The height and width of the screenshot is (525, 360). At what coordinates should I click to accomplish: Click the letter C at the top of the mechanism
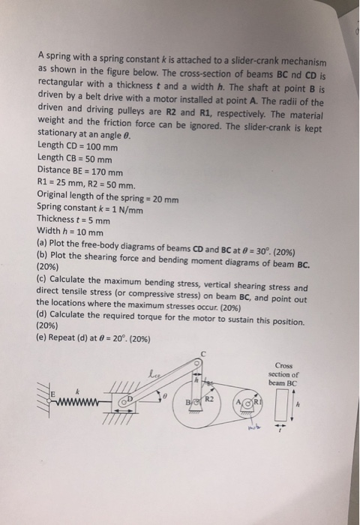click(202, 353)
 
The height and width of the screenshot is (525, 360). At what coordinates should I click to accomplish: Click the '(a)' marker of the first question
click(42, 245)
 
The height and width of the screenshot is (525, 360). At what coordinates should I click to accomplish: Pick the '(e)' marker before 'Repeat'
click(43, 338)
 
